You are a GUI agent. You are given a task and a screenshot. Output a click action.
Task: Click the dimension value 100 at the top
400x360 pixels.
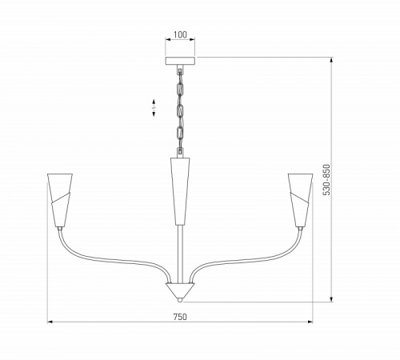click(180, 35)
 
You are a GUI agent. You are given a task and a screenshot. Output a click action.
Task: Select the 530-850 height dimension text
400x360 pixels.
click(325, 181)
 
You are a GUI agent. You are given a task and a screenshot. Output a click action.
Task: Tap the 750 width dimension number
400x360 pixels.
click(180, 317)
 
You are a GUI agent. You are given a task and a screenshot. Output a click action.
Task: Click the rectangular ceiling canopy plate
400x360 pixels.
click(180, 60)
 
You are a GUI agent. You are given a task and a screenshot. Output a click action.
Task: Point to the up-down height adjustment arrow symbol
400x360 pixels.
click(154, 108)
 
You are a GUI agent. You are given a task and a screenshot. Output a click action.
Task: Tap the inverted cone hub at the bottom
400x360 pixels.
click(180, 289)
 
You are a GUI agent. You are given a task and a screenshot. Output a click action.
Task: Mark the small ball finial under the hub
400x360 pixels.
click(180, 300)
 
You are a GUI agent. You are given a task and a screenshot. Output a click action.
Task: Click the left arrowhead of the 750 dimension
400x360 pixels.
click(50, 322)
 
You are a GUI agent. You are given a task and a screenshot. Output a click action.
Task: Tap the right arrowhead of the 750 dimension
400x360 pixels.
click(310, 322)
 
